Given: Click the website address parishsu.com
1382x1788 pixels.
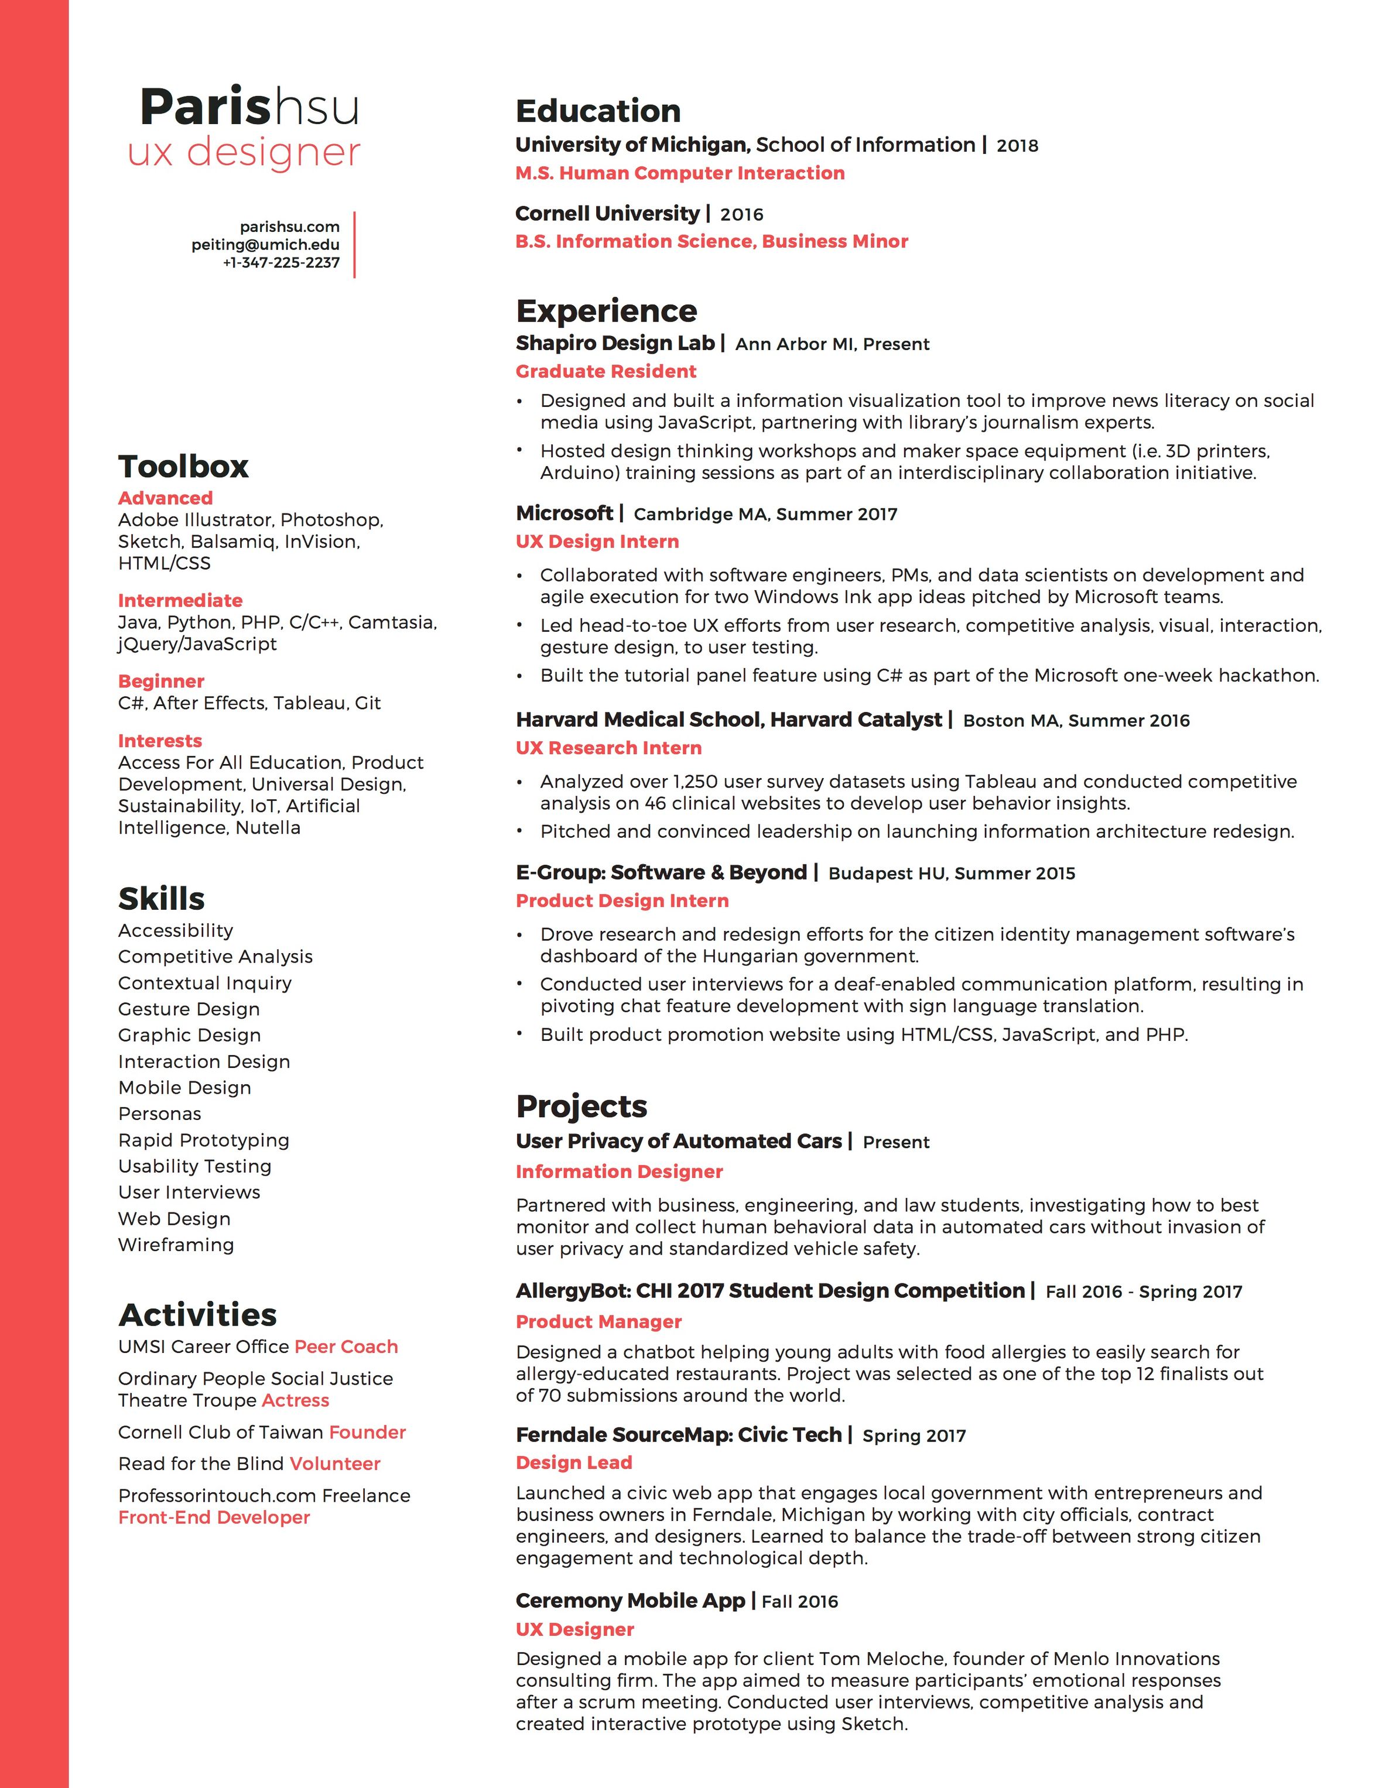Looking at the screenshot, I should coord(289,227).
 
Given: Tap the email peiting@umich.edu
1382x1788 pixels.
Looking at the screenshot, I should coord(265,245).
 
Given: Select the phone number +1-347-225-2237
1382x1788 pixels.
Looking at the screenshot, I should coord(281,263).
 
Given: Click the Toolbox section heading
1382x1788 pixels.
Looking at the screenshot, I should coord(183,467).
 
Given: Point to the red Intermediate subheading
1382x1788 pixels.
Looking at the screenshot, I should coord(180,600).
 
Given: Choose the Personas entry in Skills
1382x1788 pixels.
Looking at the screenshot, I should coord(160,1114).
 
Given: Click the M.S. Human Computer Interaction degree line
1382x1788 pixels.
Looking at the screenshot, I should coord(679,173).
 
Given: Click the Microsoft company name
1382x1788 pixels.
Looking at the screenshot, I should coord(564,513).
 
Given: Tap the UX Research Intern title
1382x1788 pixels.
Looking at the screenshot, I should coord(608,748).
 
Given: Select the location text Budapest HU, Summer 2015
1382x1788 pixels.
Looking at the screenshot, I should coord(952,874).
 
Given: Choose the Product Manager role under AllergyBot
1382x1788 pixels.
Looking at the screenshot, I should coord(598,1321).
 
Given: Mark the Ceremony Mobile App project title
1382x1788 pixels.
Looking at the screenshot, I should coord(631,1601).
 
